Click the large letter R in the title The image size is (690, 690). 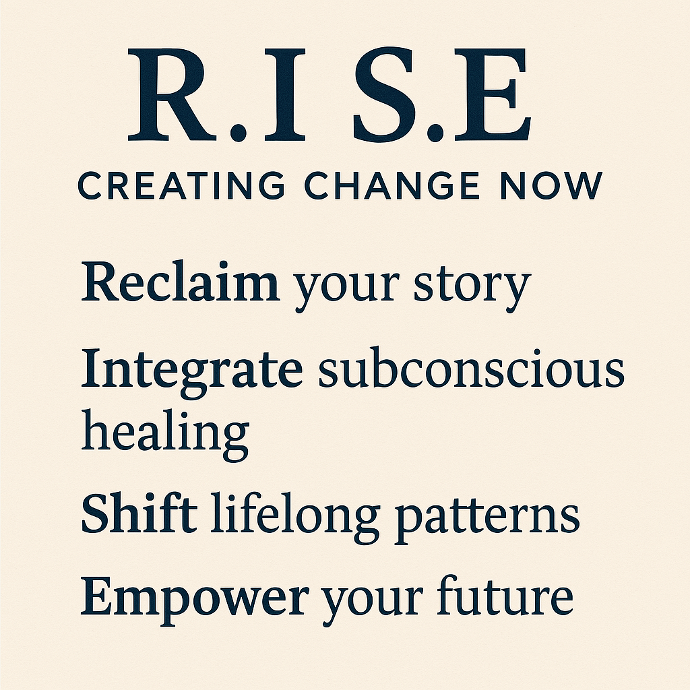click(x=172, y=94)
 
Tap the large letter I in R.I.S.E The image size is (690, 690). click(x=285, y=94)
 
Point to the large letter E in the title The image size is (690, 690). click(x=493, y=94)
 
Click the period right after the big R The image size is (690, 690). click(x=238, y=131)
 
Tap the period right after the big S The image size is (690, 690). click(x=435, y=131)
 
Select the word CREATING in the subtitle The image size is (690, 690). click(x=181, y=185)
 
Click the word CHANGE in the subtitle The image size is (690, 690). click(x=391, y=185)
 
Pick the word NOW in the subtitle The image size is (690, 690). click(x=551, y=185)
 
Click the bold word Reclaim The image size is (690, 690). click(x=181, y=282)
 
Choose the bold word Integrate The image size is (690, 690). click(x=192, y=373)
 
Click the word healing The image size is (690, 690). click(x=166, y=435)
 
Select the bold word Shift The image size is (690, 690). click(x=139, y=513)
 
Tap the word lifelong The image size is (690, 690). click(x=295, y=517)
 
